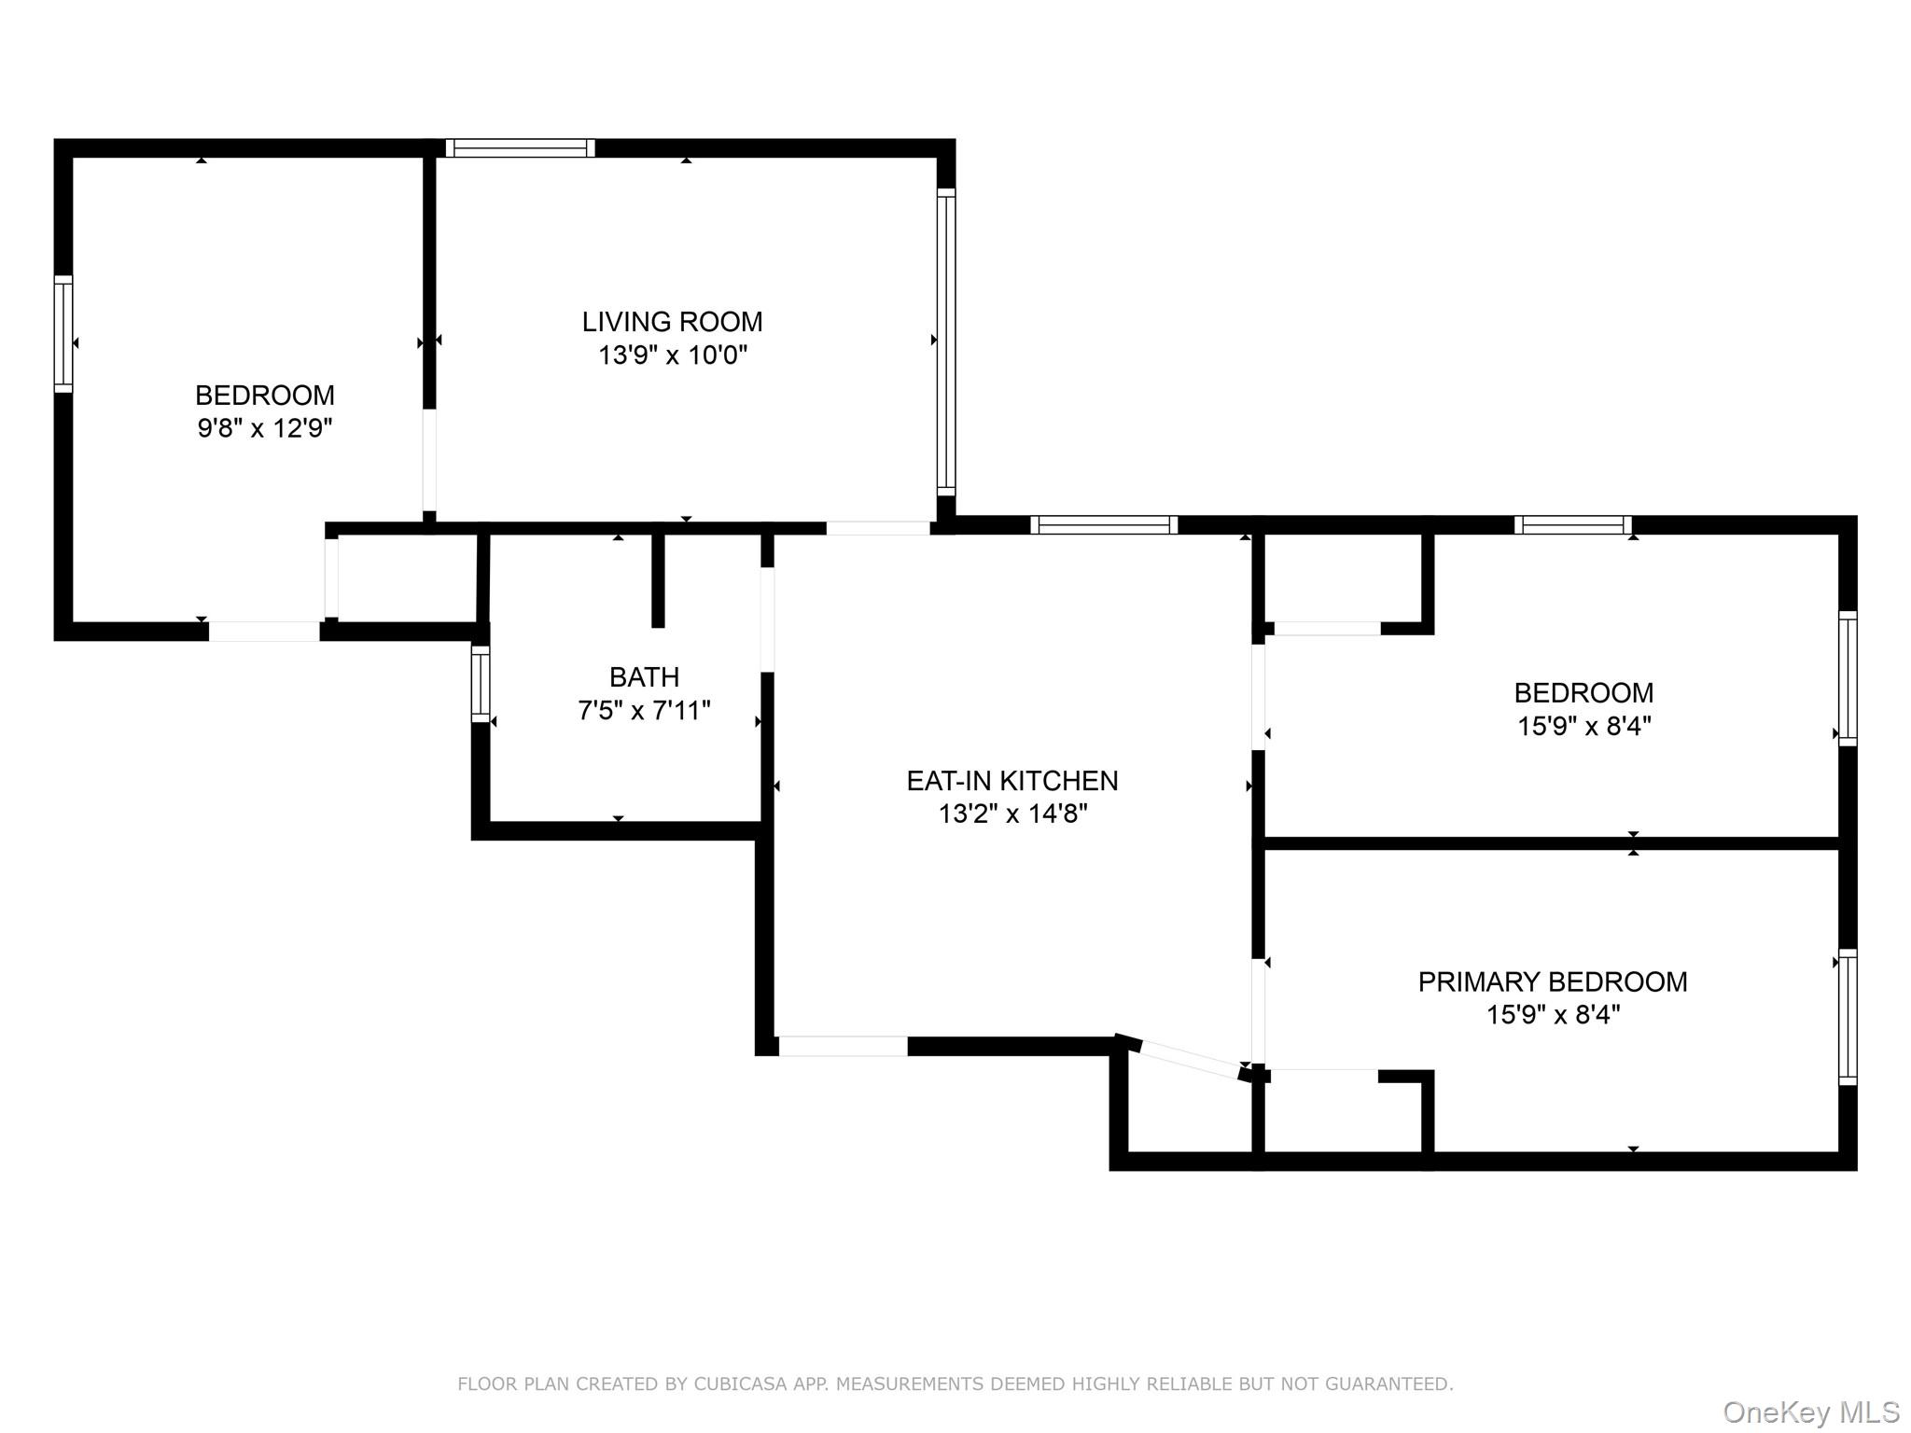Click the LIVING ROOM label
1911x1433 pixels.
point(672,322)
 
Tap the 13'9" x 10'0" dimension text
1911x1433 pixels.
point(672,355)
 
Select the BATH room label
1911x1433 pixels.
point(644,676)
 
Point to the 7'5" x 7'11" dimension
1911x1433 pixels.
point(644,711)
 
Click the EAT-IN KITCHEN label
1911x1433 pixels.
point(1011,781)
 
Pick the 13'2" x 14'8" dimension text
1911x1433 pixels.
point(1012,814)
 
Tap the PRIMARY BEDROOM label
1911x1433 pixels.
point(1552,981)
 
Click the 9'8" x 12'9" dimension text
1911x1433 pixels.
point(264,428)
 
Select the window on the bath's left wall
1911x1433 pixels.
point(481,684)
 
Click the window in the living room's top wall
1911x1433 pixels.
point(520,148)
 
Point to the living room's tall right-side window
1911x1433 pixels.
point(945,341)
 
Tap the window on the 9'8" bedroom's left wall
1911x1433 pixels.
point(63,333)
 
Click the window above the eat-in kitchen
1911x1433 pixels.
point(1103,525)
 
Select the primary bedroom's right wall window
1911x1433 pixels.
point(1847,1017)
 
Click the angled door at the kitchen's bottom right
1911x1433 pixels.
point(1190,1058)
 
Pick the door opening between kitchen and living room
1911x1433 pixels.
point(877,528)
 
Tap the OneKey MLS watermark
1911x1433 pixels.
point(1810,1412)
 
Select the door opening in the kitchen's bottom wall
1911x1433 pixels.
point(843,1046)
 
